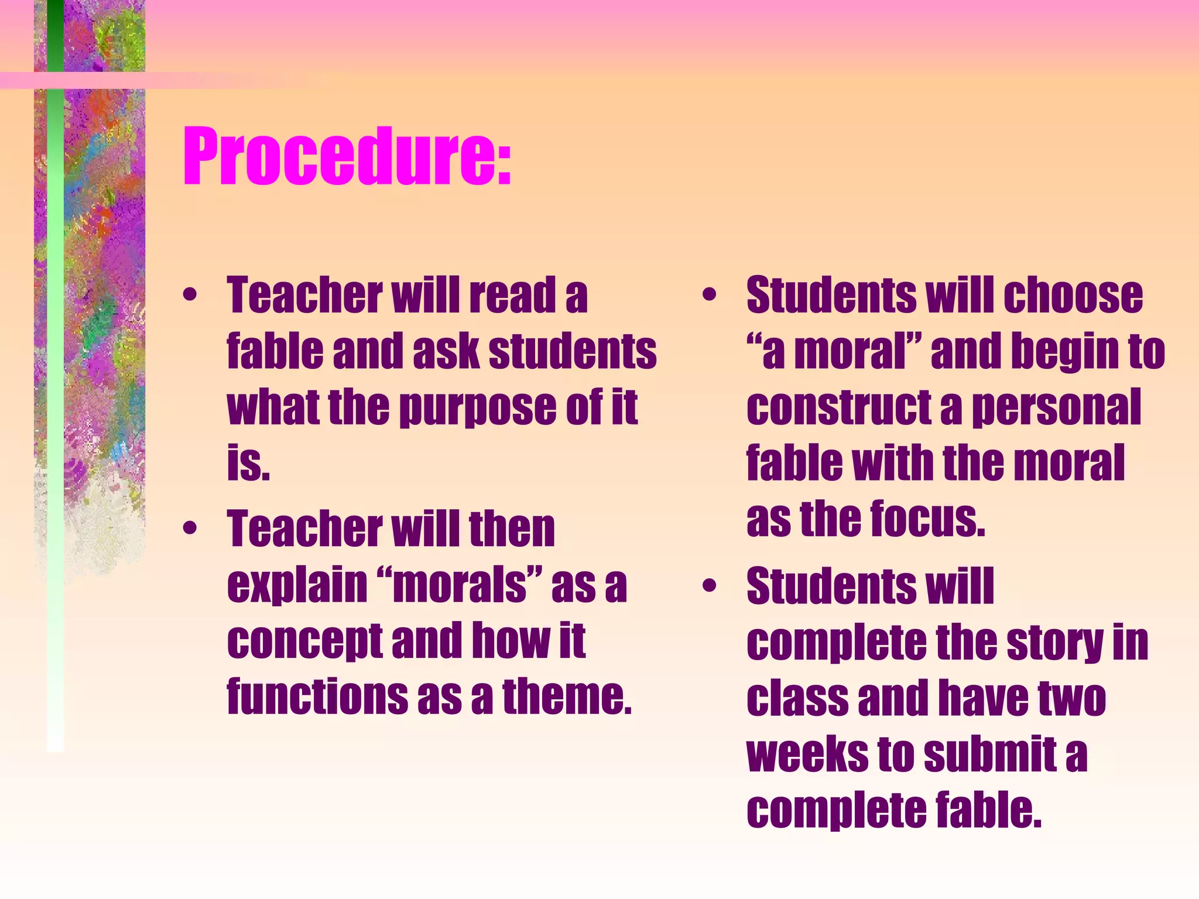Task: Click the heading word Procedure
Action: click(x=340, y=157)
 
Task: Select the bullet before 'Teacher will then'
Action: click(x=189, y=529)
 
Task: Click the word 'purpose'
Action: click(x=477, y=408)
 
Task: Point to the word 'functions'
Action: click(x=317, y=696)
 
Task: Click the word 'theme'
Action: click(x=567, y=696)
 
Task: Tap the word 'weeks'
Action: click(x=807, y=755)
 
